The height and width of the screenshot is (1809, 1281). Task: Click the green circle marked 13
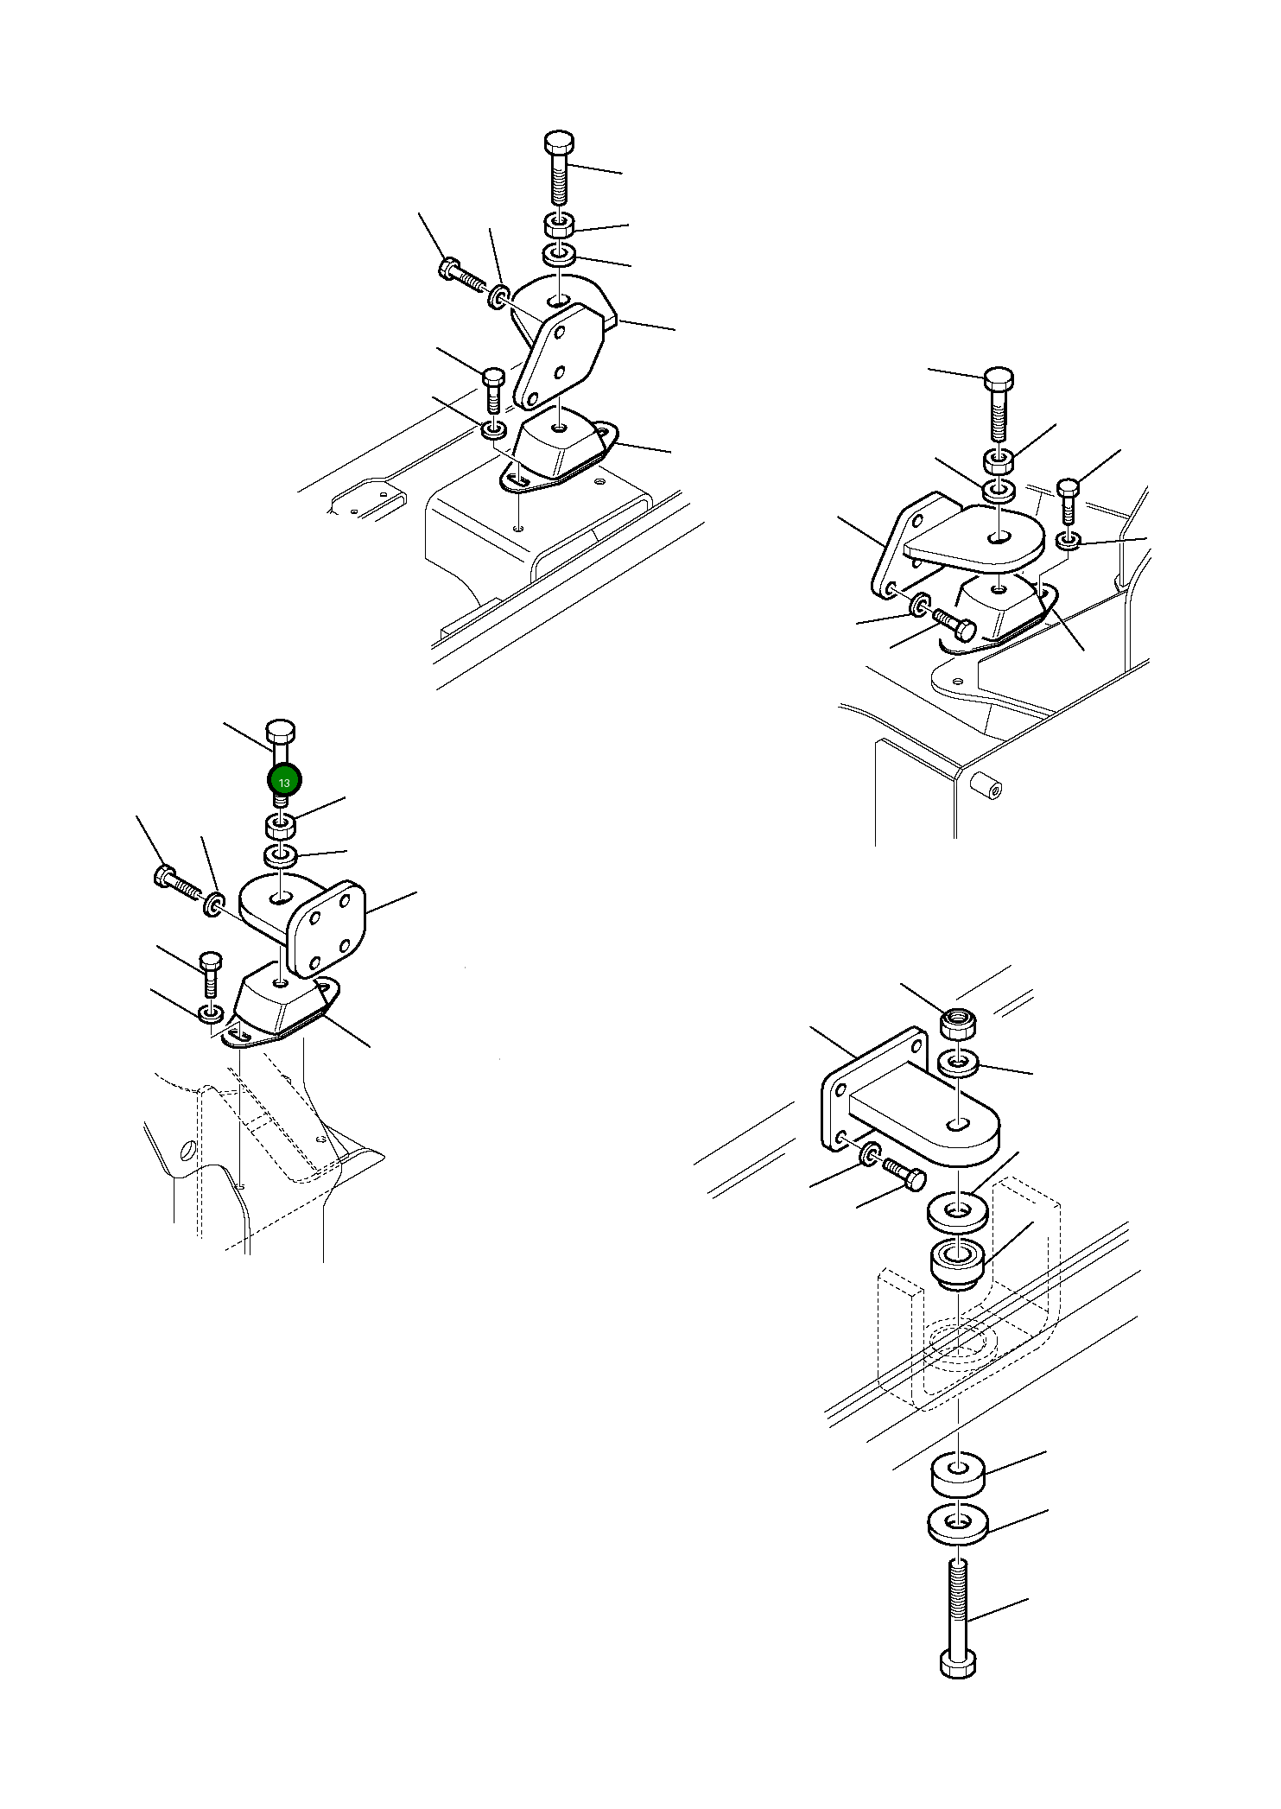pyautogui.click(x=284, y=780)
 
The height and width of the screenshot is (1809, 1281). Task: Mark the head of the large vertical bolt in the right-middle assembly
pyautogui.click(x=999, y=379)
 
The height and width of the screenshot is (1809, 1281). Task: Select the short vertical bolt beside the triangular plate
pyautogui.click(x=492, y=390)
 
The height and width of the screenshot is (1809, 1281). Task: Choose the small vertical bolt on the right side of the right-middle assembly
pyautogui.click(x=1069, y=500)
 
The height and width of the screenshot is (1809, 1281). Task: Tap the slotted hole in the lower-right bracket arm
pyautogui.click(x=957, y=1126)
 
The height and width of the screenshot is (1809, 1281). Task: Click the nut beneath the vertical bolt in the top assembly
pyautogui.click(x=560, y=225)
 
